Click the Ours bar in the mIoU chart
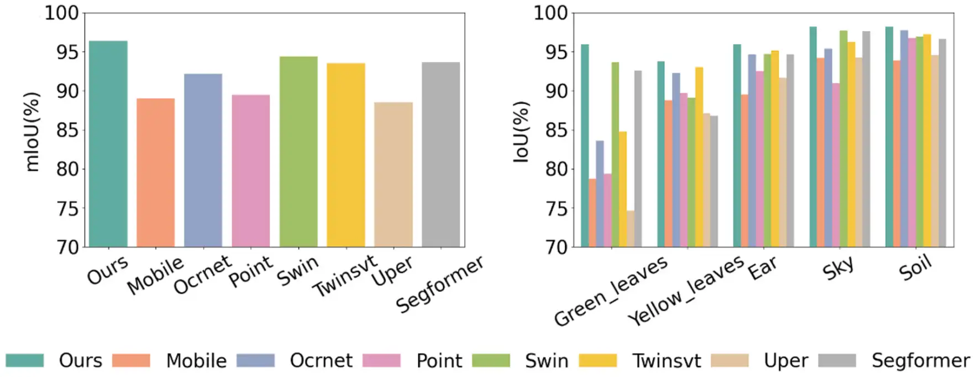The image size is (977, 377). point(108,144)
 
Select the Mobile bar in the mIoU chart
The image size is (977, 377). point(156,172)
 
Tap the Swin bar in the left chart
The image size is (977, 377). point(298,151)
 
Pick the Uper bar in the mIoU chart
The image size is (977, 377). point(393,174)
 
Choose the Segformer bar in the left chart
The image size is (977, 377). point(441,154)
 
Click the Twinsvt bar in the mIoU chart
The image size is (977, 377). point(346,155)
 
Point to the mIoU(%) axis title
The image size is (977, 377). point(33,132)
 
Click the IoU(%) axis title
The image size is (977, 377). point(521,132)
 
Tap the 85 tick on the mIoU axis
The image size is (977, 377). point(67,130)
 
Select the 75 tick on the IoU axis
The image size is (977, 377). point(556,209)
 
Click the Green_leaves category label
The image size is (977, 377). point(611,291)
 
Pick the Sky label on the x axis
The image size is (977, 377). point(838,268)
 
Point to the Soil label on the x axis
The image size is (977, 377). point(915,268)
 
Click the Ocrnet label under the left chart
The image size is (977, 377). point(203,275)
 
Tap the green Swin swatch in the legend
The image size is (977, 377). point(491,360)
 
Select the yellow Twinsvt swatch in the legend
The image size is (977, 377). point(598,360)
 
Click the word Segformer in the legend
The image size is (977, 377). point(921,360)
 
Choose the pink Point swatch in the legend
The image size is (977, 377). point(382,360)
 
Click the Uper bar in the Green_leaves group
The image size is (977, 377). point(631,228)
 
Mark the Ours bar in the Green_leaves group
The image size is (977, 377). point(585,145)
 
